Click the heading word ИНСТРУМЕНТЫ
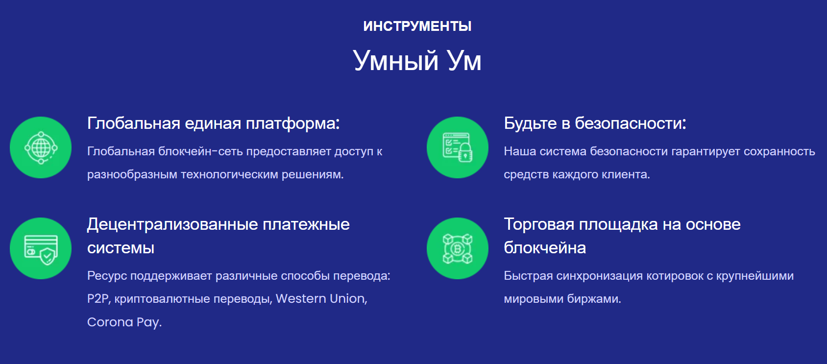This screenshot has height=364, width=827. coord(417,26)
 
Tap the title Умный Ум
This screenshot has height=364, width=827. coord(417,61)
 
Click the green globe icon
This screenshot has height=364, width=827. coord(41,147)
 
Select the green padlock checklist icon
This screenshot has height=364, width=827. coord(458,147)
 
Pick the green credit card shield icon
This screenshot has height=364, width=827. coord(41,248)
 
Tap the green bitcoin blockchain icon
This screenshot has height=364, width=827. coord(458,248)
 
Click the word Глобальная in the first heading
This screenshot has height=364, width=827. coord(134,123)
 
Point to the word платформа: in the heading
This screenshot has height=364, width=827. coord(293,124)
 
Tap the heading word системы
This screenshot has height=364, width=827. coord(121,248)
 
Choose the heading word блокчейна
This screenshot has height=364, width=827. coord(545,248)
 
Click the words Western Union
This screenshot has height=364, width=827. coord(321,299)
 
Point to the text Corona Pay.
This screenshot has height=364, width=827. coord(124,322)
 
